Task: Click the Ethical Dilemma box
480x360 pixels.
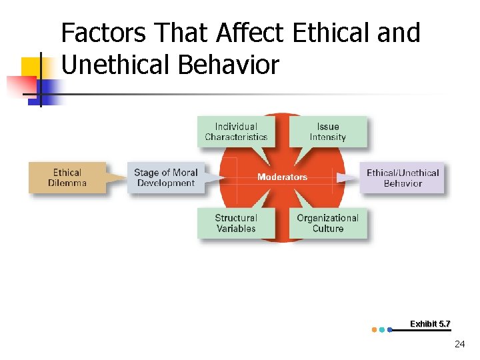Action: [67, 177]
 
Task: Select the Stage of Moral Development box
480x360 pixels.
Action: [166, 177]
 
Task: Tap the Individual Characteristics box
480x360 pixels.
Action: [236, 131]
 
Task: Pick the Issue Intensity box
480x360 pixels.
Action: [328, 131]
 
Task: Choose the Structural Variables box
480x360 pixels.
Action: [236, 223]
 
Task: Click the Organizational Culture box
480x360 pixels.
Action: [328, 223]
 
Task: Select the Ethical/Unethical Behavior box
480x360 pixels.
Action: [402, 177]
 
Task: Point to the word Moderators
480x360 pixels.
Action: [282, 177]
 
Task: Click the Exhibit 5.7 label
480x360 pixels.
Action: [430, 324]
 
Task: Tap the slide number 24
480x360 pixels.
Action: [459, 344]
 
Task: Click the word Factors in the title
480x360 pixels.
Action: [103, 33]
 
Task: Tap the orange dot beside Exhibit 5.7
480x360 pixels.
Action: [374, 329]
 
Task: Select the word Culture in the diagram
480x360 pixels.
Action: [328, 228]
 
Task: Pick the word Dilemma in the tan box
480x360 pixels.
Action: [67, 183]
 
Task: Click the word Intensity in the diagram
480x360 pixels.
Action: [328, 137]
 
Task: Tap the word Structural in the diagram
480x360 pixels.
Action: [236, 217]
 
